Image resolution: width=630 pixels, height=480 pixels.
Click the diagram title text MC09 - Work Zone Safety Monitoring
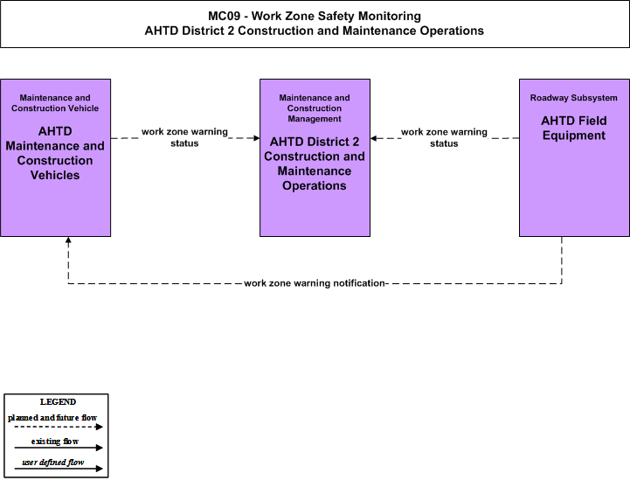click(x=315, y=16)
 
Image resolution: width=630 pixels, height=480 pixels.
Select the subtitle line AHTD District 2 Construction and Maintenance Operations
click(x=315, y=31)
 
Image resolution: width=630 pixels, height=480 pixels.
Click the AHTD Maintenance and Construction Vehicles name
click(x=55, y=153)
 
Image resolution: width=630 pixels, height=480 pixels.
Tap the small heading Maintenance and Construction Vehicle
click(x=55, y=103)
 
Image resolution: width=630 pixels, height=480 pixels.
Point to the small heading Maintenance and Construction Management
click(x=315, y=108)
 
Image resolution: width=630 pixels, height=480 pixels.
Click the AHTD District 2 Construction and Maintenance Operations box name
click(x=315, y=163)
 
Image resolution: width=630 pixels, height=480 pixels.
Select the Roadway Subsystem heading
click(x=574, y=98)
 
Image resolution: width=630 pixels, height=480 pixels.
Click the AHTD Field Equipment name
click(x=574, y=128)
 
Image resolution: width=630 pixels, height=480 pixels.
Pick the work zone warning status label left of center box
click(x=184, y=137)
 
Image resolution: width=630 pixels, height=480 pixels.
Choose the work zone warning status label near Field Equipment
click(x=444, y=137)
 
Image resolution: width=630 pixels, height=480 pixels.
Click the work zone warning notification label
click(x=315, y=283)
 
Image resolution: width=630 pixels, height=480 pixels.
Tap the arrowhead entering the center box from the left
click(x=257, y=138)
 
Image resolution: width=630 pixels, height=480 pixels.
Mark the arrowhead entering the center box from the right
click(x=373, y=138)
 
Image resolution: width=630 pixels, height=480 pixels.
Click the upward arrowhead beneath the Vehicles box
click(x=68, y=240)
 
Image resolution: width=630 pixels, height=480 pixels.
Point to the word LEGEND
click(x=58, y=402)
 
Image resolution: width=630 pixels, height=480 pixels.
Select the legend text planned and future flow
click(x=52, y=418)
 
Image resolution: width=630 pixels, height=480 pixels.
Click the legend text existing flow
click(x=55, y=442)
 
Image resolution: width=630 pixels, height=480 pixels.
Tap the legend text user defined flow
click(x=53, y=463)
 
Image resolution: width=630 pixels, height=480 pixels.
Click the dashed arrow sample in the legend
click(x=59, y=427)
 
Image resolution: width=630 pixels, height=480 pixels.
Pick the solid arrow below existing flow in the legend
click(x=59, y=448)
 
